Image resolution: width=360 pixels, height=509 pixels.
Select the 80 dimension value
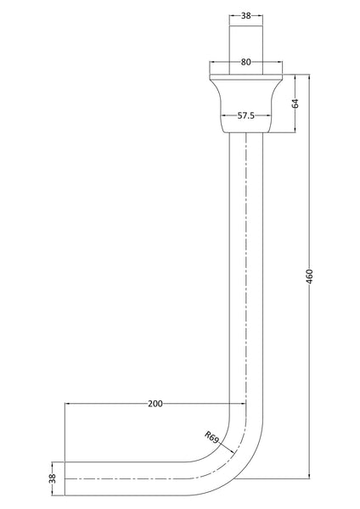click(x=245, y=62)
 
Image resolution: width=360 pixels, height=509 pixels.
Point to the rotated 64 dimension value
click(x=295, y=103)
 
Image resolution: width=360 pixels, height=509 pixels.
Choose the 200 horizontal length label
click(x=155, y=404)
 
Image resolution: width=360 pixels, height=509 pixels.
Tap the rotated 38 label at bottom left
click(x=52, y=478)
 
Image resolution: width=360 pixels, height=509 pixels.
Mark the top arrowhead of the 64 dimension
click(x=295, y=76)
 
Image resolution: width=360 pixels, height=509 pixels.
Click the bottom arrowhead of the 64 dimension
click(x=295, y=131)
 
